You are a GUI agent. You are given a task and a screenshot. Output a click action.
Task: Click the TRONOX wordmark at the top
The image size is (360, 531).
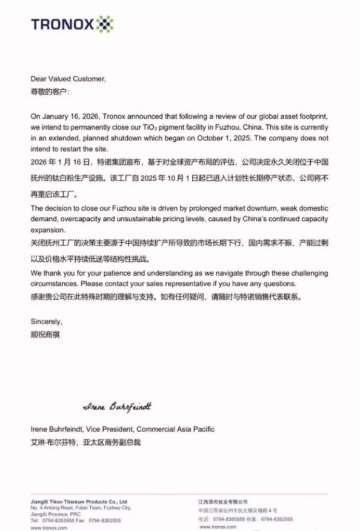tap(62, 25)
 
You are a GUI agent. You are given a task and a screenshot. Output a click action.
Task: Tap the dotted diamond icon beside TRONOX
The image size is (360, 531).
tap(105, 24)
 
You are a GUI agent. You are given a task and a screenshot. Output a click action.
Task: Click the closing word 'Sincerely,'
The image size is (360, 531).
tap(46, 322)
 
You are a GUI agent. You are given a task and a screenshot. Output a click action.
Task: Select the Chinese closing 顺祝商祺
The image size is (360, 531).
tap(45, 333)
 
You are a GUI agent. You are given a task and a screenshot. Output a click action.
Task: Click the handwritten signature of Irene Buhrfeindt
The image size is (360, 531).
tap(117, 406)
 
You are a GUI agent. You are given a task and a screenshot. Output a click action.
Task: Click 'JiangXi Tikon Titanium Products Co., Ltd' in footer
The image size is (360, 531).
tap(79, 502)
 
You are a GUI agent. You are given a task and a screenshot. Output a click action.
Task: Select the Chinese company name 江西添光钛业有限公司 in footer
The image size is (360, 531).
tap(223, 502)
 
